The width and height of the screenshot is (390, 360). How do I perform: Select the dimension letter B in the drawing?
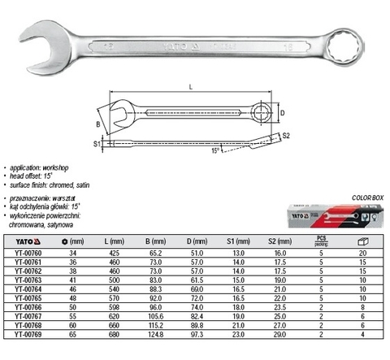click(97, 124)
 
